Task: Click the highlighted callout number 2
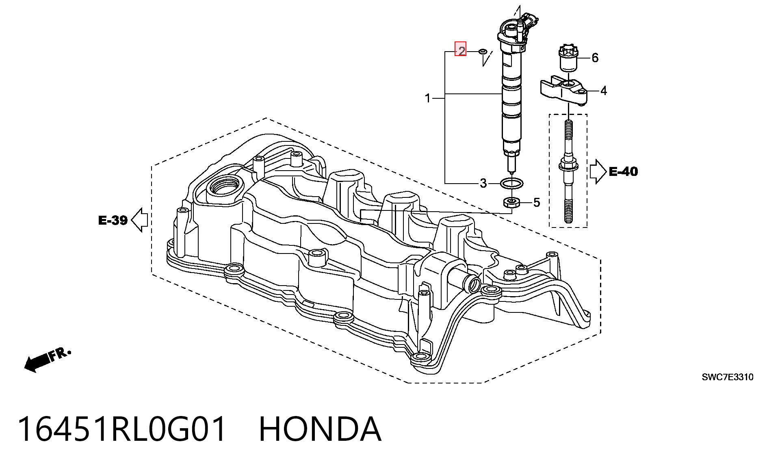(461, 50)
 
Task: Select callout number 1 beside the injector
(427, 98)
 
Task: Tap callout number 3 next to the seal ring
(483, 183)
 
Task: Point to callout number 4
(604, 91)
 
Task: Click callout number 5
(537, 202)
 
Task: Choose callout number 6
(595, 58)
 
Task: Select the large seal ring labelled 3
(511, 184)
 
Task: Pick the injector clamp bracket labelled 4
(564, 90)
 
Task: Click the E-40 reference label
(624, 171)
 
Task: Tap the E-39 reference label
(113, 221)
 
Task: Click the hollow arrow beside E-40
(598, 171)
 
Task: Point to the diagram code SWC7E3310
(728, 377)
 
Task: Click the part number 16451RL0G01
(122, 429)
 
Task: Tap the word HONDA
(320, 429)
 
